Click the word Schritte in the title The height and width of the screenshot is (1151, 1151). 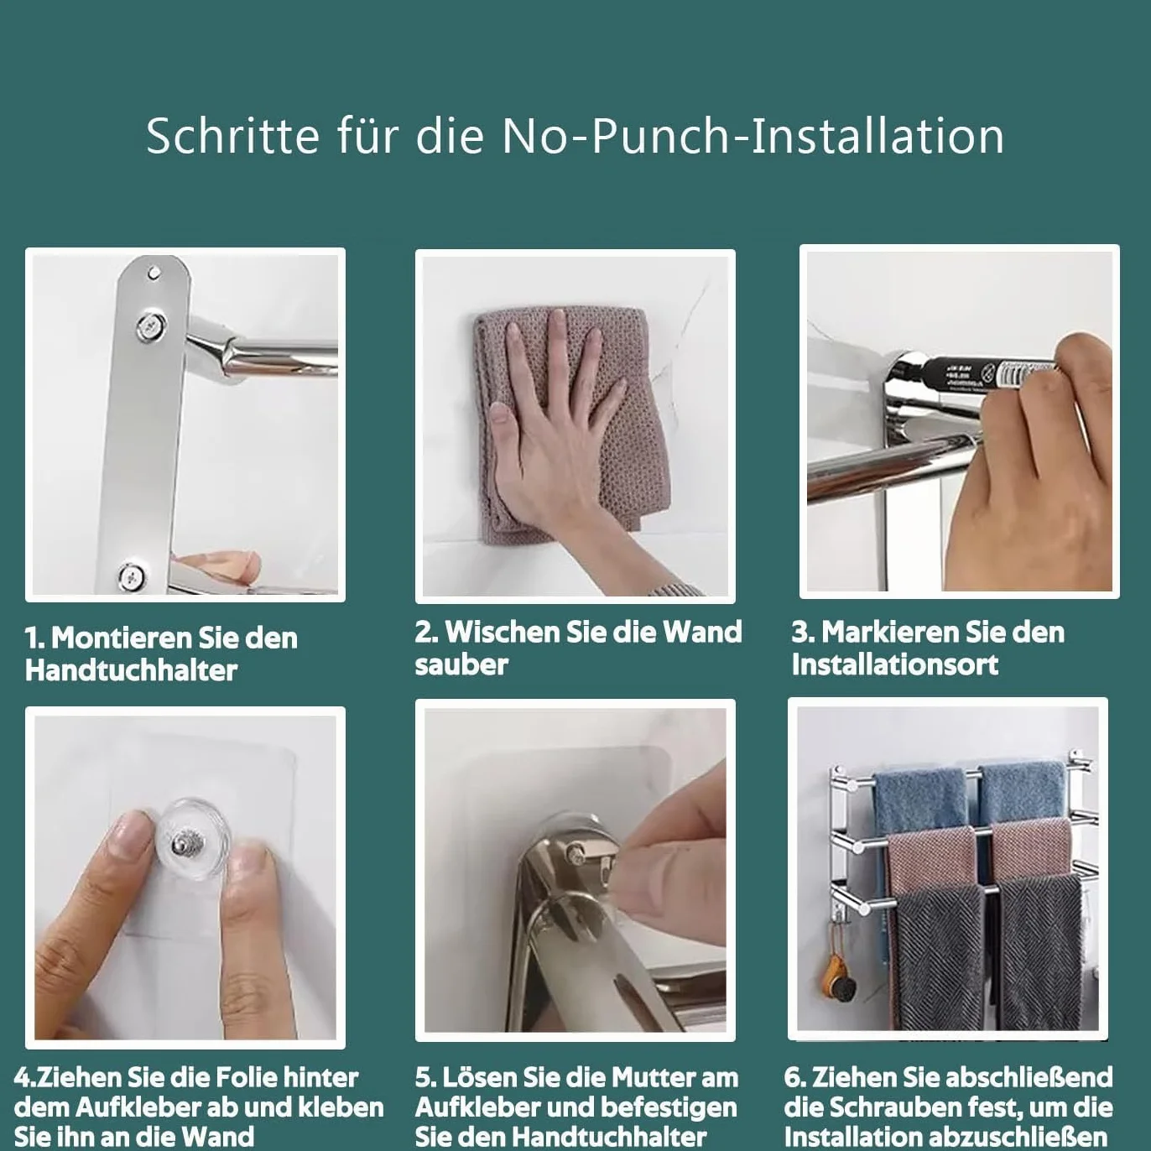tap(233, 136)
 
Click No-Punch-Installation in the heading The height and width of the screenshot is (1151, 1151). tap(753, 136)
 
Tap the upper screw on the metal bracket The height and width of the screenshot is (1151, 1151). tap(150, 326)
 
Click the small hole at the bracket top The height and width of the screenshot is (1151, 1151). tap(154, 273)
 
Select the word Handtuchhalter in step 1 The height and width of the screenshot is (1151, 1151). tap(132, 670)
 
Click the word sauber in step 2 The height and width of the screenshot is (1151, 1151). tap(461, 664)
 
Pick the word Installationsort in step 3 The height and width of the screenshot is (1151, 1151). tap(895, 664)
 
